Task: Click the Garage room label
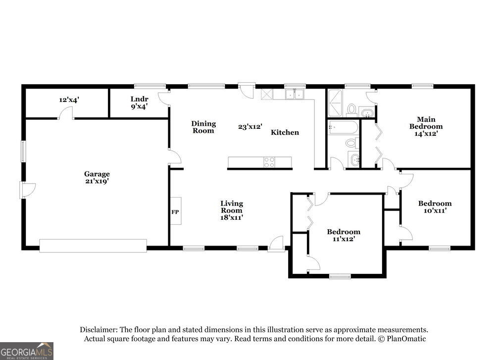pos(97,177)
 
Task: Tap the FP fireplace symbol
pos(176,211)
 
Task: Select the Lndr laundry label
pos(139,103)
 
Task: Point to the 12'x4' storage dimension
pos(69,100)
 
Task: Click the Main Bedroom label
pos(426,126)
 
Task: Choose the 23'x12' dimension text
pos(250,127)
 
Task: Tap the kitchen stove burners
pos(269,162)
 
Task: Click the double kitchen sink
pos(295,95)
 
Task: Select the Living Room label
pos(231,210)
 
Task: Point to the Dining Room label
pos(203,127)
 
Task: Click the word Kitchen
pos(285,132)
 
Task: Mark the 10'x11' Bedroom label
pos(435,207)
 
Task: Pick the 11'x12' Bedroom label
pos(344,235)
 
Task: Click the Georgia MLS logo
pos(27,351)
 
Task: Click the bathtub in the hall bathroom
pos(343,127)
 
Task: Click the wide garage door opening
pos(93,246)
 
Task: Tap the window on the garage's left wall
pos(23,152)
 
